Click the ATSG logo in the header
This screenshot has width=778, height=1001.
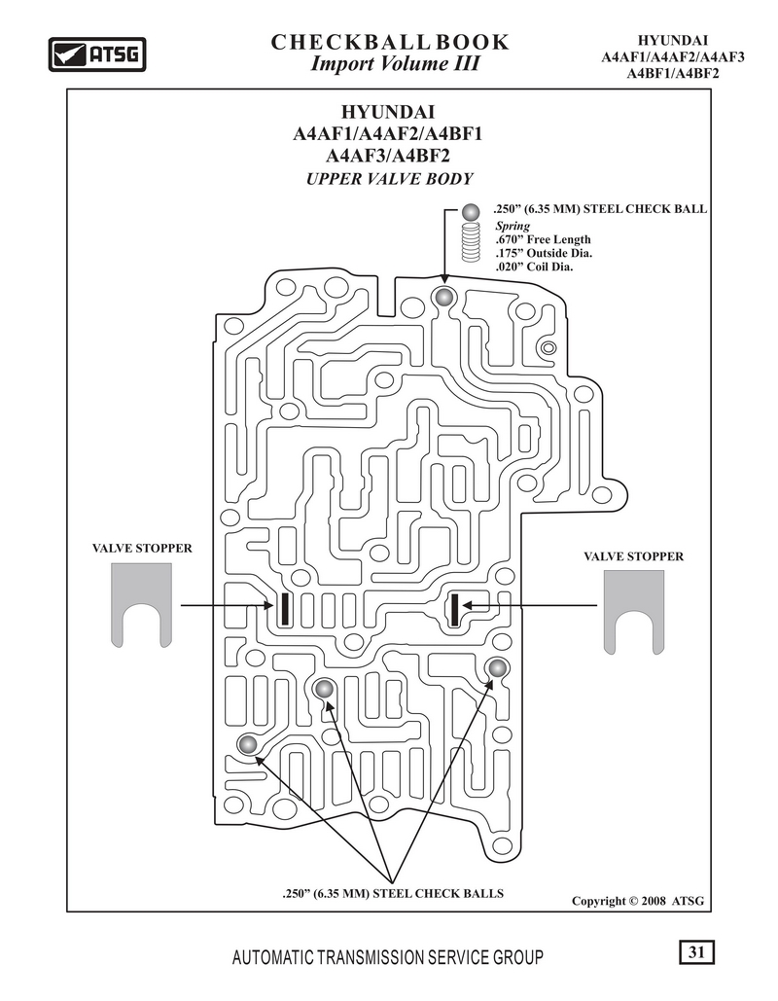coord(97,54)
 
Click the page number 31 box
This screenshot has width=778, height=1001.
coord(696,952)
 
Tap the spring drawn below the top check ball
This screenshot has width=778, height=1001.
coord(471,242)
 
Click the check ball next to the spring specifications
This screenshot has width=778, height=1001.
coord(471,211)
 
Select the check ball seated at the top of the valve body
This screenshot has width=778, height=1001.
coord(442,297)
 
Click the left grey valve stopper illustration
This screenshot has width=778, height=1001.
coord(142,604)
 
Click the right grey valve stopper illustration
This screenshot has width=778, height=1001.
coord(634,612)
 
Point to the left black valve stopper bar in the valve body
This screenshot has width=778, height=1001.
coord(284,608)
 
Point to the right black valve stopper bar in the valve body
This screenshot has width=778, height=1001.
coord(455,609)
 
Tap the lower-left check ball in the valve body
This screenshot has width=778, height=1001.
coord(247,744)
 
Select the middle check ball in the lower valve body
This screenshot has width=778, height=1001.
coord(324,689)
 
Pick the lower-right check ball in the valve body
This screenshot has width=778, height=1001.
coord(497,668)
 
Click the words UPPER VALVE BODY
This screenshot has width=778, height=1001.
coord(389,179)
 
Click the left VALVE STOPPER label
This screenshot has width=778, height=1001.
coord(142,548)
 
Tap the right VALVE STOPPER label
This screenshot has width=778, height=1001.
coord(633,556)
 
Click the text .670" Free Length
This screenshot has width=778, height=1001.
coord(543,239)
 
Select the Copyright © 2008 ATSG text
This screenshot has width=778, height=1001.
coord(638,901)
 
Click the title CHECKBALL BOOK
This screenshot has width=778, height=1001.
coord(390,42)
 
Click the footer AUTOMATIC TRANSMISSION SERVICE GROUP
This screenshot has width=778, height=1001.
coord(388,957)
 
